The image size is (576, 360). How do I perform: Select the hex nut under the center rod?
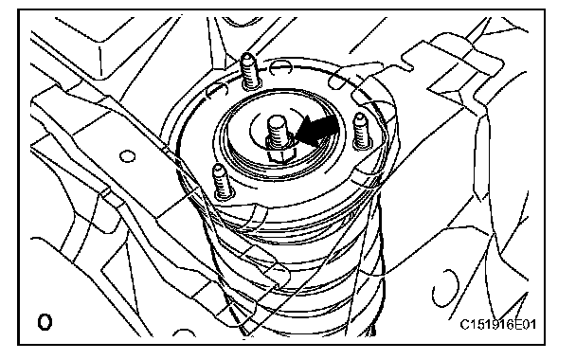(x=280, y=150)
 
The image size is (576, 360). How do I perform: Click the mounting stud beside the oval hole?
(x=249, y=71)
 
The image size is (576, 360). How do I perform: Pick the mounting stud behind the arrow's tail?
(x=361, y=131)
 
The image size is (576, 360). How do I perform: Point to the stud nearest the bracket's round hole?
(x=221, y=182)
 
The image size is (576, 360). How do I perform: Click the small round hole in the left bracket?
(x=128, y=156)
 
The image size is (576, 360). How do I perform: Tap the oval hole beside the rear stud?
(x=280, y=66)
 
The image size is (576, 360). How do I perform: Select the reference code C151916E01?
(x=497, y=324)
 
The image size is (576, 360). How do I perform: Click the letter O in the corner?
(x=45, y=322)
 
